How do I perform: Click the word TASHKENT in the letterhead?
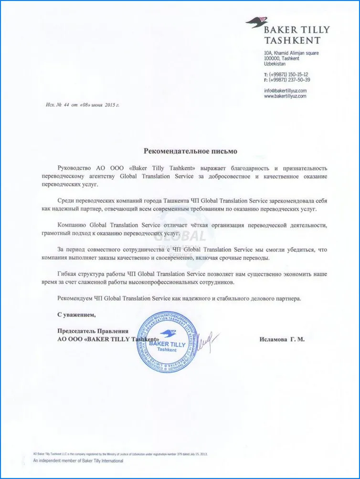[292, 41]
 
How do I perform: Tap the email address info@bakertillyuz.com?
[285, 90]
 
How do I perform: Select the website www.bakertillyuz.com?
[285, 96]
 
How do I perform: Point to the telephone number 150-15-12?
[296, 74]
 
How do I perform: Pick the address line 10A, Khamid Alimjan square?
[291, 53]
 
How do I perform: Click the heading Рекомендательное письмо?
[190, 151]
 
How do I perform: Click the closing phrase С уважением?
[76, 315]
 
